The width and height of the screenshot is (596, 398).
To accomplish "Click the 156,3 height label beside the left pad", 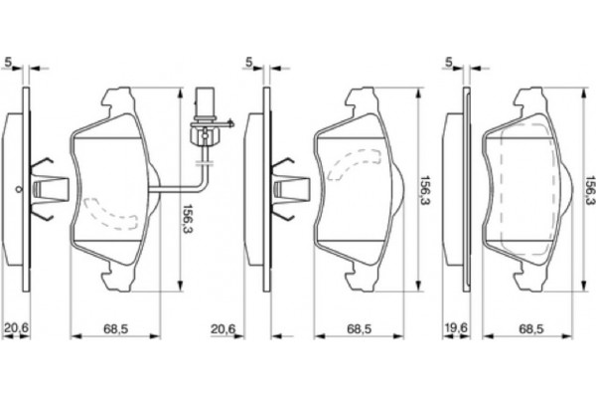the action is click(188, 218).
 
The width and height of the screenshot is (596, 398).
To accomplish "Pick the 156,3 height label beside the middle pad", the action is click(424, 190).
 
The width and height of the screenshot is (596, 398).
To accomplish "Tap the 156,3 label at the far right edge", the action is click(591, 190).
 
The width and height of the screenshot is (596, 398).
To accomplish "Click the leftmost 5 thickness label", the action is click(8, 62).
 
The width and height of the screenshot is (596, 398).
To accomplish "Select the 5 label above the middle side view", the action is click(249, 62).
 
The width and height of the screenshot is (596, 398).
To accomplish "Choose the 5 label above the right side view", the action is click(449, 62).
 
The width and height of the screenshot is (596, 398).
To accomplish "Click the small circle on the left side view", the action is click(18, 188).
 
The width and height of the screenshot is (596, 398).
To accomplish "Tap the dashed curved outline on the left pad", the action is click(110, 214).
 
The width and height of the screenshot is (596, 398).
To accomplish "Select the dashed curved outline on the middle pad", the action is click(354, 164).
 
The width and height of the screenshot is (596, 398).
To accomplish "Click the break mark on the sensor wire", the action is click(205, 163).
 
